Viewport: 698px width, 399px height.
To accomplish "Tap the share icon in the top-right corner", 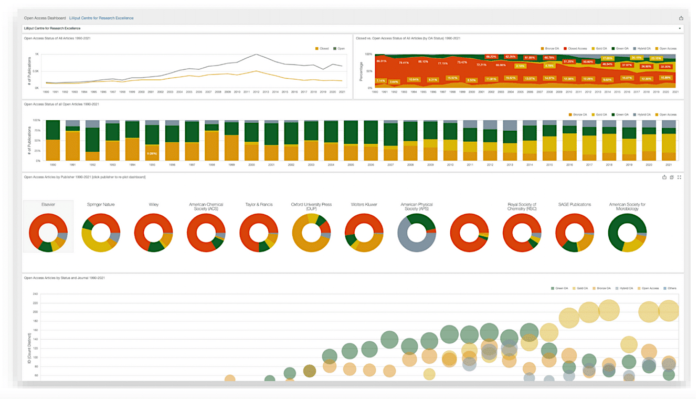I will click(x=681, y=18).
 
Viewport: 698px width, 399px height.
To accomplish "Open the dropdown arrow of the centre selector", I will click(x=680, y=28).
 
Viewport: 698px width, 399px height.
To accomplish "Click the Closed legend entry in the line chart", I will click(x=322, y=48).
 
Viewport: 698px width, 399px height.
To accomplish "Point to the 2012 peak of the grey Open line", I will click(x=256, y=55).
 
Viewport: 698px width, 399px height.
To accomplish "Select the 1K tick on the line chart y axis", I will click(x=37, y=55).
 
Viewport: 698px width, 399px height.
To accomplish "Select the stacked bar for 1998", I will click(x=211, y=141).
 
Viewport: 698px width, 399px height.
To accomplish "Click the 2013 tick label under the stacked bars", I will click(x=509, y=164).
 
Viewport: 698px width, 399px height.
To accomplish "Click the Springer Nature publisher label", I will click(x=101, y=204).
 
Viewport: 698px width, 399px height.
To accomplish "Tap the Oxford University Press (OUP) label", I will click(x=311, y=206).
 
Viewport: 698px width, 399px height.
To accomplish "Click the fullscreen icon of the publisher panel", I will click(x=679, y=177).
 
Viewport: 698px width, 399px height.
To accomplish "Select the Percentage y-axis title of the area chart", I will click(x=361, y=71).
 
